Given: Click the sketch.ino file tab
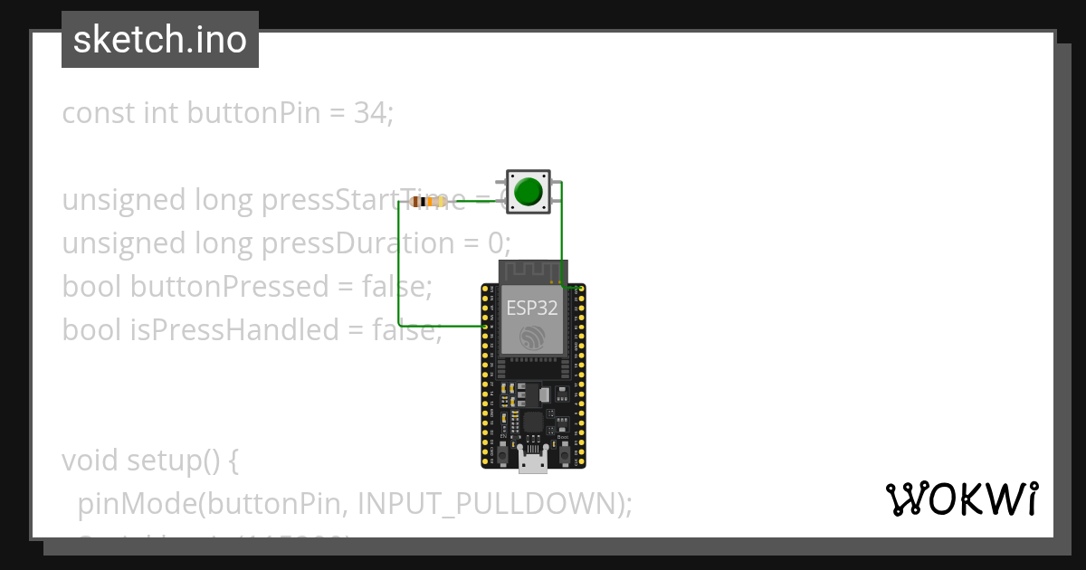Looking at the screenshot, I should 160,40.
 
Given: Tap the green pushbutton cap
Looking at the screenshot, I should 528,192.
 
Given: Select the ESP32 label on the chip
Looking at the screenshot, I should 531,308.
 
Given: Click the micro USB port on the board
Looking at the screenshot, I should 533,462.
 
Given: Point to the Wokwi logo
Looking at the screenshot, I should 961,499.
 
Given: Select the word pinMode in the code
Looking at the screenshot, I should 119,504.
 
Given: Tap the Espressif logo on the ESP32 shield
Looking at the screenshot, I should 531,339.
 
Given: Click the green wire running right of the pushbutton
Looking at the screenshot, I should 562,235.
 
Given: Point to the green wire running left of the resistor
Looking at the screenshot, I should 400,262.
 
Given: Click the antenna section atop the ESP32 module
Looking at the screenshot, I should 533,271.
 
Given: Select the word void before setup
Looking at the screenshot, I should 90,461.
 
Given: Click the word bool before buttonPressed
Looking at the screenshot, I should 92,287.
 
